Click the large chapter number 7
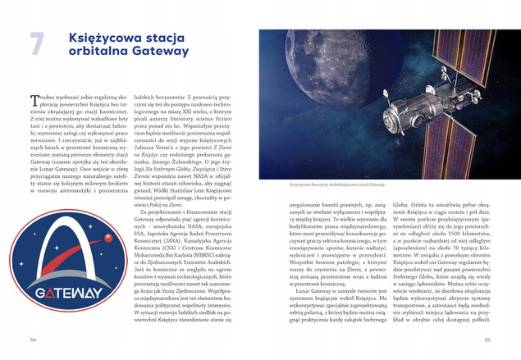click(36, 43)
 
